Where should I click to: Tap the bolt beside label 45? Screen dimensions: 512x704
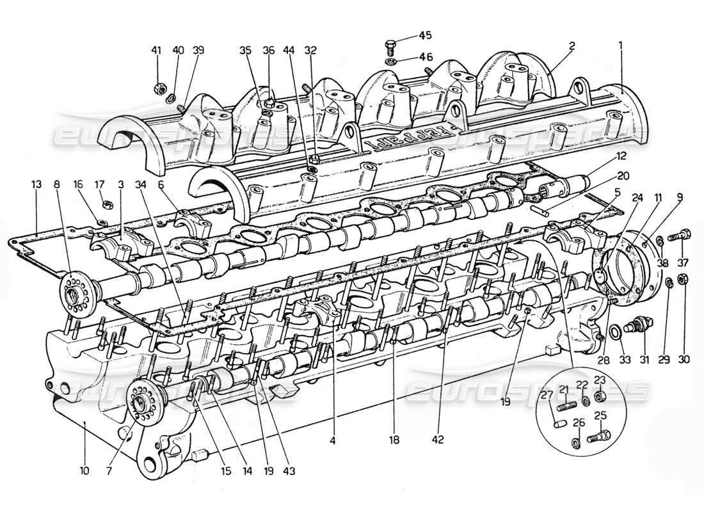[392, 45]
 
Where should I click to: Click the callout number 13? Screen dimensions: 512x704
[36, 185]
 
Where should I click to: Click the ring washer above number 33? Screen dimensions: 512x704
[613, 332]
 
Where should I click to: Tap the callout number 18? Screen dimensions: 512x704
[395, 440]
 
